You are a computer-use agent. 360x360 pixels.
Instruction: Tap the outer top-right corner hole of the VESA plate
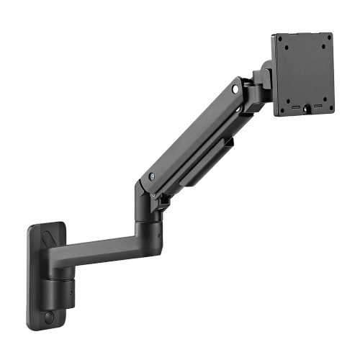point(326,40)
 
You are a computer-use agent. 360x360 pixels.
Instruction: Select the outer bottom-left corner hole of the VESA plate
point(281,105)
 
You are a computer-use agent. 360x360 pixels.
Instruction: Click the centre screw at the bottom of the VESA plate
point(305,109)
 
